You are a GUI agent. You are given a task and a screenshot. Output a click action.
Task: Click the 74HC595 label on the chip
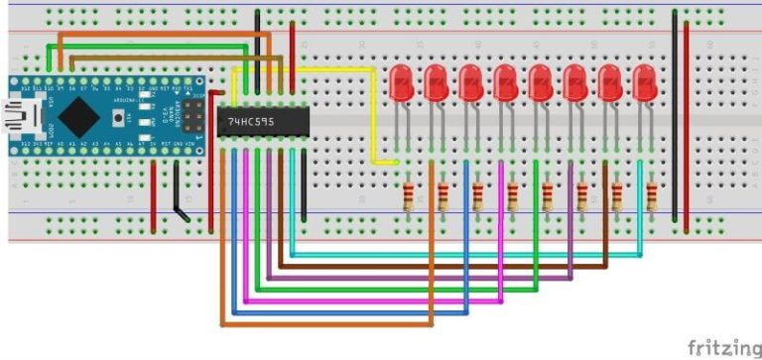coord(251,120)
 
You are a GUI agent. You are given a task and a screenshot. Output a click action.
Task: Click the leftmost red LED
coord(402,82)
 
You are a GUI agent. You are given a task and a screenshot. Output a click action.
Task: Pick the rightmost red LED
coord(645,82)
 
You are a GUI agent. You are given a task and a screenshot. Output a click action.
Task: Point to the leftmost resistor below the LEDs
coord(408,193)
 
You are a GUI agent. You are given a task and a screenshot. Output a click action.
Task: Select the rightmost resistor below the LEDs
coord(651,193)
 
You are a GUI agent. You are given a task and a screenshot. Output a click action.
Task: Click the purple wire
coord(417,279)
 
